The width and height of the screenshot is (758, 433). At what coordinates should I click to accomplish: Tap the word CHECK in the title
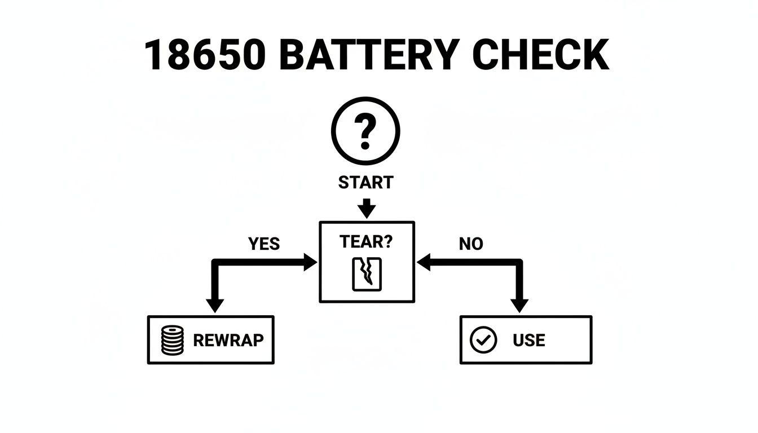(x=540, y=55)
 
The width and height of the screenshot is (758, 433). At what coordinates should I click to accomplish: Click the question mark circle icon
(x=366, y=131)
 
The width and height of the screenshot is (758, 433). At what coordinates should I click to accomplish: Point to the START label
(x=365, y=183)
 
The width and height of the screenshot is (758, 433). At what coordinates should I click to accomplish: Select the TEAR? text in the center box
(x=367, y=242)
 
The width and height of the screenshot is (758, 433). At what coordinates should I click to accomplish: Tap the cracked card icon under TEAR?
(x=367, y=275)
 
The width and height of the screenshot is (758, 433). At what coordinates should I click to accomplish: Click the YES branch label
(x=263, y=244)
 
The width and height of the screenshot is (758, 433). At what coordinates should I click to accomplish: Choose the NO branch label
(x=470, y=244)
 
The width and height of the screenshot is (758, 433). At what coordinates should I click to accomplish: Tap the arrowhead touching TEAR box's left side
(x=311, y=262)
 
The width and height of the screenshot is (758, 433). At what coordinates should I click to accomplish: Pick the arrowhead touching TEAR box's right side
(x=423, y=262)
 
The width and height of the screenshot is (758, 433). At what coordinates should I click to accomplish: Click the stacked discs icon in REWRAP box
(x=173, y=340)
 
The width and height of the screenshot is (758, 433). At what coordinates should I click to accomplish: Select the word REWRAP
(x=228, y=340)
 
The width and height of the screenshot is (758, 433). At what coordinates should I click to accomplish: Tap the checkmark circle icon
(x=483, y=340)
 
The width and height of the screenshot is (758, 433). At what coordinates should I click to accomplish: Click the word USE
(x=528, y=340)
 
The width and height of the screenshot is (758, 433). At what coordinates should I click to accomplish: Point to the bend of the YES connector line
(x=214, y=262)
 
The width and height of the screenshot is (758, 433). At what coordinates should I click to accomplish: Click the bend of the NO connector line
(x=519, y=262)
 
